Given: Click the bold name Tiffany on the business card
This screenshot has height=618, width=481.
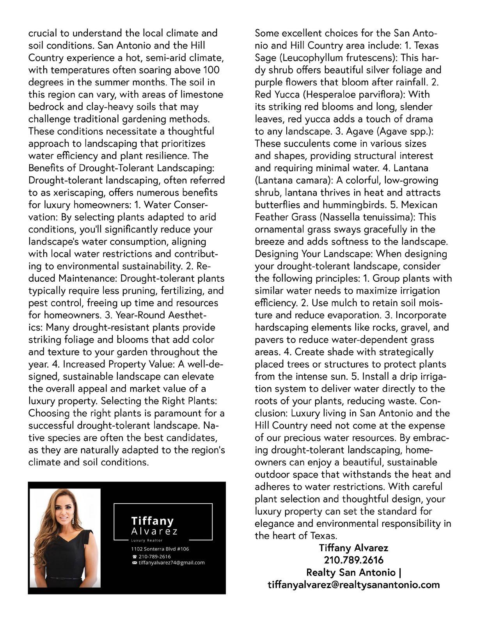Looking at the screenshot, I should tap(152, 521).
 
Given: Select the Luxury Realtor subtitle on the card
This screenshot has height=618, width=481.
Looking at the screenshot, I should tap(147, 540).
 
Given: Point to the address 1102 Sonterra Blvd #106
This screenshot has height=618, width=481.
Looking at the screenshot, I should tap(160, 549).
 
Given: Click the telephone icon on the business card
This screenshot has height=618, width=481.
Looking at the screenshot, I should tap(135, 557).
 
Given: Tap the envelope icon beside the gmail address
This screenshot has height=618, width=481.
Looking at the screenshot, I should tap(135, 563).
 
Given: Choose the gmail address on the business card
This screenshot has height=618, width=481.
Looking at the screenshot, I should tap(172, 563).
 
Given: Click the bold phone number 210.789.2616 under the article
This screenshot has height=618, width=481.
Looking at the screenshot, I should tap(353, 560).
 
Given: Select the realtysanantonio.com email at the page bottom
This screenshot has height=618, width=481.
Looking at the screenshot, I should tap(353, 585).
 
